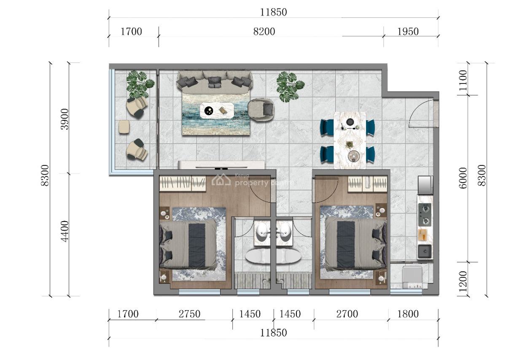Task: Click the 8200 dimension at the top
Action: [264, 32]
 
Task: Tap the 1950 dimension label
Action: [408, 32]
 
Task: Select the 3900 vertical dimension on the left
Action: [64, 119]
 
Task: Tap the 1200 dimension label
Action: [463, 280]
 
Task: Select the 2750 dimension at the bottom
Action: [189, 314]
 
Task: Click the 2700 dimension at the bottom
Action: [347, 314]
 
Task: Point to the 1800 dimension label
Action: [408, 314]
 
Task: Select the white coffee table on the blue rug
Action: [217, 111]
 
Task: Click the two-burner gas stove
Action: [425, 215]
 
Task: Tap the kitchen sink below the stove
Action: [425, 252]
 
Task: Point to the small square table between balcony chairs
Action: [124, 127]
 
